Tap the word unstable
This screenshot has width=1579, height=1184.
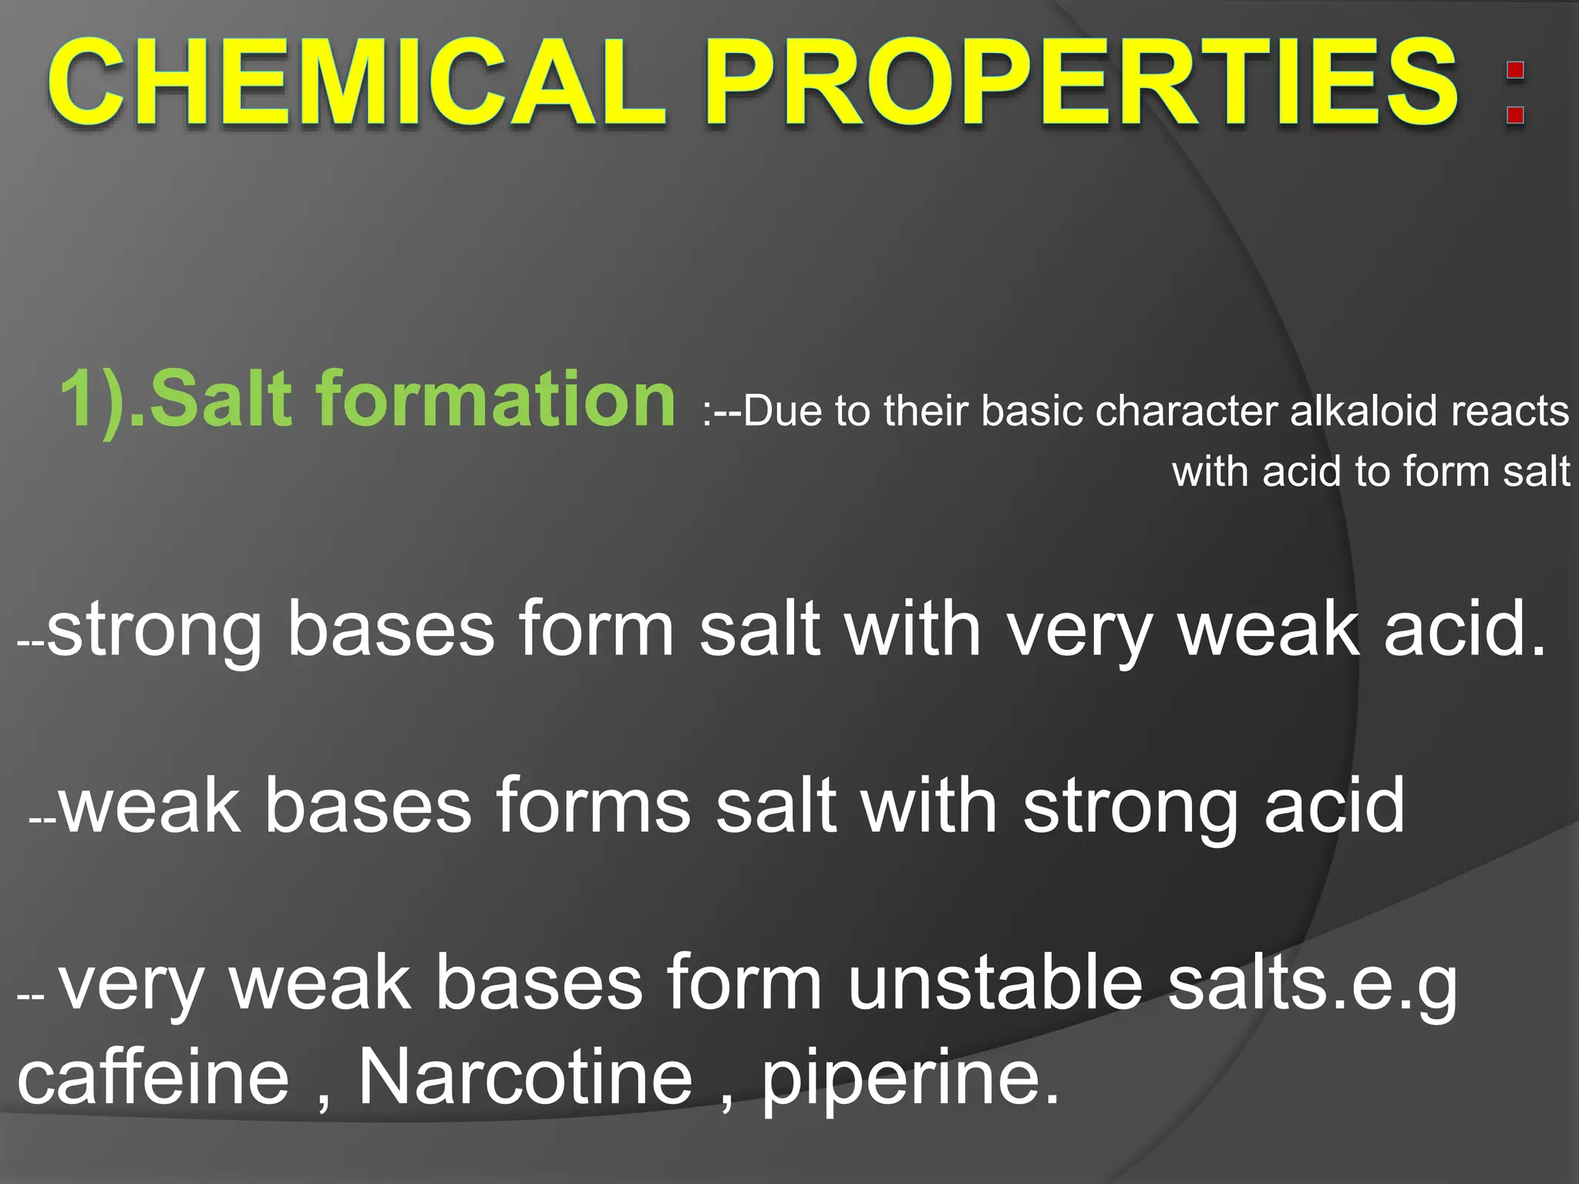coord(995,983)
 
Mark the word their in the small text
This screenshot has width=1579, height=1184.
coord(931,411)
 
